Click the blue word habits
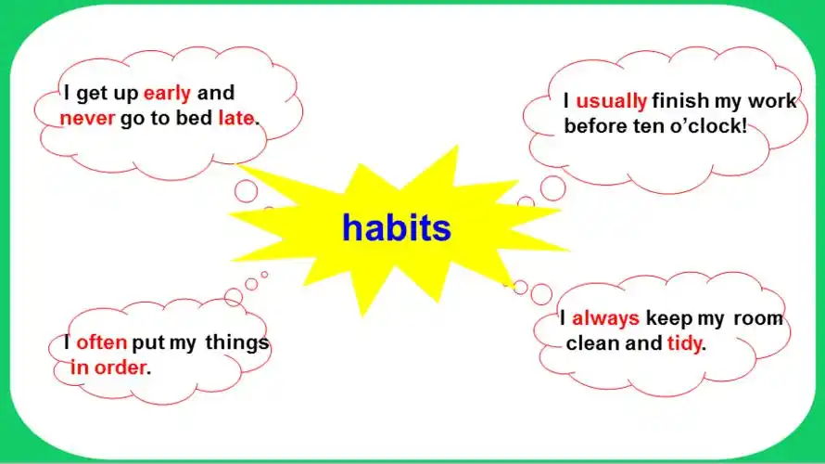(397, 227)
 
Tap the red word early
(167, 94)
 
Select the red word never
(87, 119)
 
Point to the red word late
(236, 118)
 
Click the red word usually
(612, 101)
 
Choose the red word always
(605, 318)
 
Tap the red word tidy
(684, 344)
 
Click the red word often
(102, 342)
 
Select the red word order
(120, 367)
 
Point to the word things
(237, 342)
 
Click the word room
(758, 318)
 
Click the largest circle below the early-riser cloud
(246, 190)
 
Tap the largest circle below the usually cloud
(553, 188)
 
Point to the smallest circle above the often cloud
(264, 275)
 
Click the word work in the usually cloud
(772, 100)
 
